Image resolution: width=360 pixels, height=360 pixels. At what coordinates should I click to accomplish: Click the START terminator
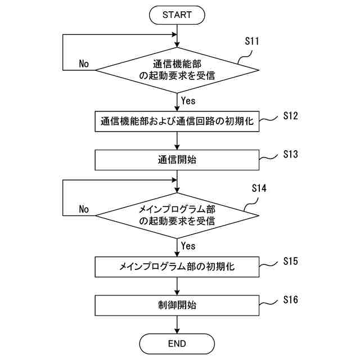click(177, 15)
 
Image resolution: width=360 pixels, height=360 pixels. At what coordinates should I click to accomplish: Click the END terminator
click(177, 344)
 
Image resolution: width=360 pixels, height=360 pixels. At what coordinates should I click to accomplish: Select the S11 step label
click(252, 41)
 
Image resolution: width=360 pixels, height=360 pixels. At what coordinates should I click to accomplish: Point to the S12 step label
click(290, 116)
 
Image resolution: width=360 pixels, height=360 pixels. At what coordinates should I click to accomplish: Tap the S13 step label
click(290, 154)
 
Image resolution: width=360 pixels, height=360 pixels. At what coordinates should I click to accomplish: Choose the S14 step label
click(259, 188)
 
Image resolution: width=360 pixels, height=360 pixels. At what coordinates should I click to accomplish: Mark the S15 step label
click(290, 261)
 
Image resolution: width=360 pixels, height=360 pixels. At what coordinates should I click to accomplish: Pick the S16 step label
click(290, 300)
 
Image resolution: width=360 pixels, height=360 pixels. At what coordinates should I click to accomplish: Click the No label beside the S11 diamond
click(84, 64)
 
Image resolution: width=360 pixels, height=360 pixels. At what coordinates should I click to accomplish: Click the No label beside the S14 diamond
click(84, 209)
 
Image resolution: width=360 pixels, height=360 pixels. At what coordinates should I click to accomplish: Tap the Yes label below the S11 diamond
click(188, 101)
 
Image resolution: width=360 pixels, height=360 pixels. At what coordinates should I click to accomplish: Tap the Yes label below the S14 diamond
click(188, 246)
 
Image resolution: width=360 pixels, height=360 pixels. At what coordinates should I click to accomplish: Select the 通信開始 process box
click(177, 160)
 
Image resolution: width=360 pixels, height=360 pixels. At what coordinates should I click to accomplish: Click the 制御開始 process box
click(177, 305)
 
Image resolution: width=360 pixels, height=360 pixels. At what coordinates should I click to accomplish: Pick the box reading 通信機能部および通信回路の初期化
click(177, 121)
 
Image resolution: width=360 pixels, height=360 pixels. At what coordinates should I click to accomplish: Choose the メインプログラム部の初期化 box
click(177, 267)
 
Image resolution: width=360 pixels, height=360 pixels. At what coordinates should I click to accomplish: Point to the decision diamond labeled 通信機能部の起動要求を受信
click(177, 70)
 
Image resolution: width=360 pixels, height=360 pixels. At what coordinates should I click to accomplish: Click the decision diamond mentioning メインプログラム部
click(177, 215)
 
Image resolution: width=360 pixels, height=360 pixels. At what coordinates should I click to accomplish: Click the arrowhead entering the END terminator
click(177, 331)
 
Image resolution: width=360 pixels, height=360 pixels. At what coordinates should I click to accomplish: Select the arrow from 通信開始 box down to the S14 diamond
click(177, 182)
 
